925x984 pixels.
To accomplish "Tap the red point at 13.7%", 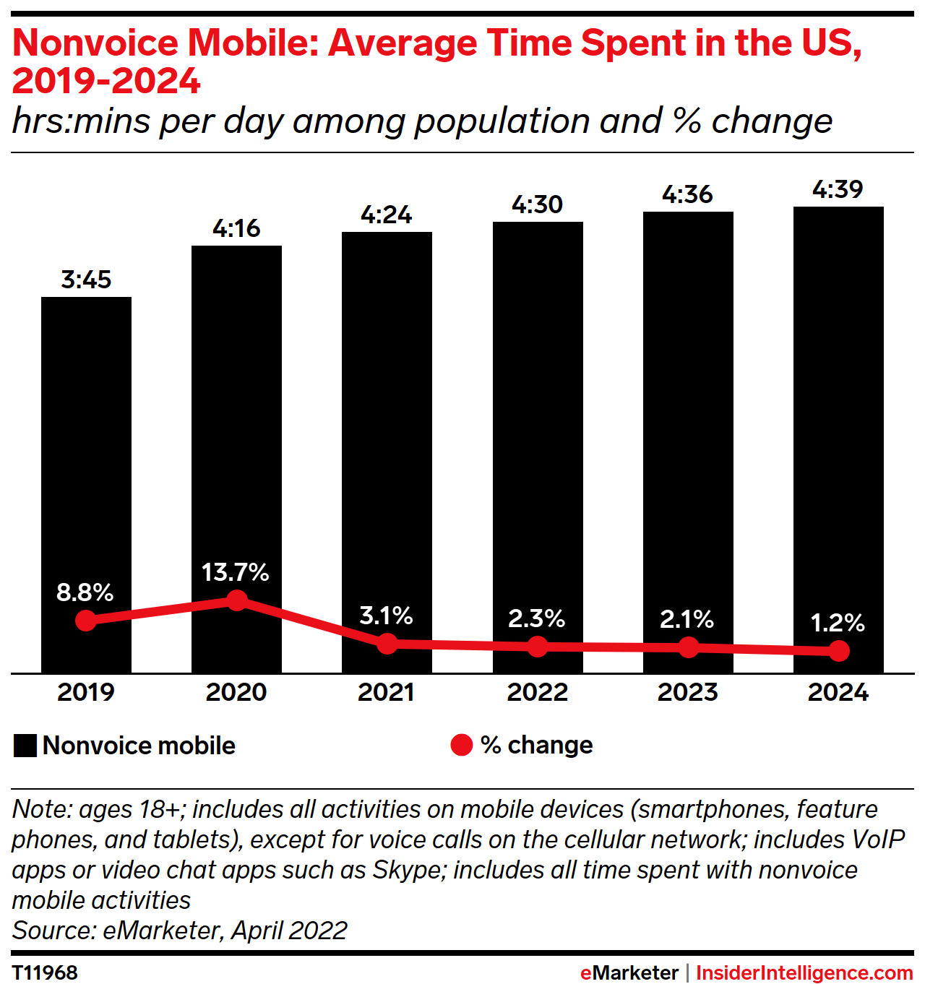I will point(236,600).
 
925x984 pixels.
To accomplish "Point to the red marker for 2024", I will point(838,651).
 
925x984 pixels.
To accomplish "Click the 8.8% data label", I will point(85,592).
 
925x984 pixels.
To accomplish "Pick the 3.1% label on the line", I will point(386,616).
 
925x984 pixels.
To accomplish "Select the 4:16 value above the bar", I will point(236,228).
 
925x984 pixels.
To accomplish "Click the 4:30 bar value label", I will point(537,204).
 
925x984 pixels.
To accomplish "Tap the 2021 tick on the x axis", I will point(386,692).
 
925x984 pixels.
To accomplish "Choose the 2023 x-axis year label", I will point(687,692).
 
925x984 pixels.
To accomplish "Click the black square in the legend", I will point(25,746).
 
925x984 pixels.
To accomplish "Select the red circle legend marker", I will point(461,745).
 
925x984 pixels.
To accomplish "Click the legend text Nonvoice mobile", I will point(139,746).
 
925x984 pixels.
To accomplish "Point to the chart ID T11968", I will point(45,972).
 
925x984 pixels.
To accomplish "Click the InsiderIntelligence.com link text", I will point(804,972).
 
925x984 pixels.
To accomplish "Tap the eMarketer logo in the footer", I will point(629,972).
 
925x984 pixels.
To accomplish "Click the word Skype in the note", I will point(406,870).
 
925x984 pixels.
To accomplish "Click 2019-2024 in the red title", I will point(106,81).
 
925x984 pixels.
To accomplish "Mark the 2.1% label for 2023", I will point(687,619).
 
